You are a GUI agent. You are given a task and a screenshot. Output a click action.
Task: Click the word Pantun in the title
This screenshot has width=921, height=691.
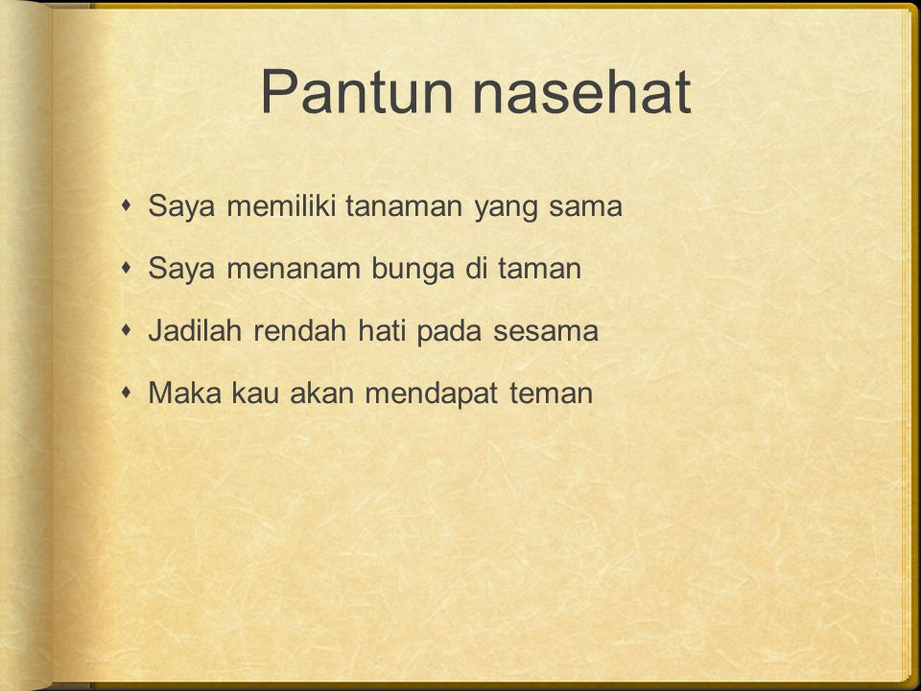click(x=357, y=92)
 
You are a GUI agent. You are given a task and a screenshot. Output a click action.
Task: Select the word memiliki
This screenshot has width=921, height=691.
click(x=281, y=205)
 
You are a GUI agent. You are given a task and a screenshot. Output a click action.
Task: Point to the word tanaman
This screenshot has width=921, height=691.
click(x=404, y=206)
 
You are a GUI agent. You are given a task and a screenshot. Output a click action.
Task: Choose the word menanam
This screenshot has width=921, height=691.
click(x=294, y=269)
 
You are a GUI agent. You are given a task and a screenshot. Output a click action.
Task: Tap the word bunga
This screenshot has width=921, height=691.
click(x=413, y=270)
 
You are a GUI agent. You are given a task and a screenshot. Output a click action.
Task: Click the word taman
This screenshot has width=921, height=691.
click(x=539, y=269)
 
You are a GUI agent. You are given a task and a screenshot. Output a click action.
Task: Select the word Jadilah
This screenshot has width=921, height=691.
click(x=195, y=330)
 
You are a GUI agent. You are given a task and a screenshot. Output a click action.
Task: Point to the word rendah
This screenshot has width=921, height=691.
click(x=299, y=330)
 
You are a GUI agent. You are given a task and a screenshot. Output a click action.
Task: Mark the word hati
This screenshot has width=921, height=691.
click(x=381, y=330)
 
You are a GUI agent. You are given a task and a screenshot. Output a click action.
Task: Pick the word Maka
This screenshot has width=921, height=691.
click(x=184, y=393)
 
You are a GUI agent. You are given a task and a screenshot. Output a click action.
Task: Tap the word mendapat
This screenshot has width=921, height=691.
click(x=431, y=394)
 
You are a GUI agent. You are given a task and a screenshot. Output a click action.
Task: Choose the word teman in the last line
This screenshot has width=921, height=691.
click(x=551, y=393)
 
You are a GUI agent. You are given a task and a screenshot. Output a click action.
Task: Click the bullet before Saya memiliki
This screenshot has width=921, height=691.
click(x=127, y=205)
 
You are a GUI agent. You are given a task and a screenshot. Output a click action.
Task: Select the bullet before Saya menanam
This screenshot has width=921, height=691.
click(x=127, y=268)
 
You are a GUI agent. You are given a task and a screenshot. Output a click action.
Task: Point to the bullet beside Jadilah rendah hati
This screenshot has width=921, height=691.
click(x=127, y=330)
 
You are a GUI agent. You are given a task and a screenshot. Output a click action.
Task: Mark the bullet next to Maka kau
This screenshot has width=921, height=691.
click(x=127, y=393)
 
